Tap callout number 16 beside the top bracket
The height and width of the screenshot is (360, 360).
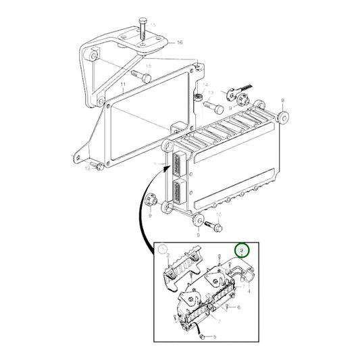coord(180,43)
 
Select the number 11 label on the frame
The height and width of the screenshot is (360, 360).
coord(123,86)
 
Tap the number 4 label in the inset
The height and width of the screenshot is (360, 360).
coord(249,292)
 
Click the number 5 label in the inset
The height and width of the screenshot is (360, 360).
coord(215,336)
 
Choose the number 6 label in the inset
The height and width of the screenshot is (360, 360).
coord(238,307)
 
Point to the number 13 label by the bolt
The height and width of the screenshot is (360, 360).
coord(210,93)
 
